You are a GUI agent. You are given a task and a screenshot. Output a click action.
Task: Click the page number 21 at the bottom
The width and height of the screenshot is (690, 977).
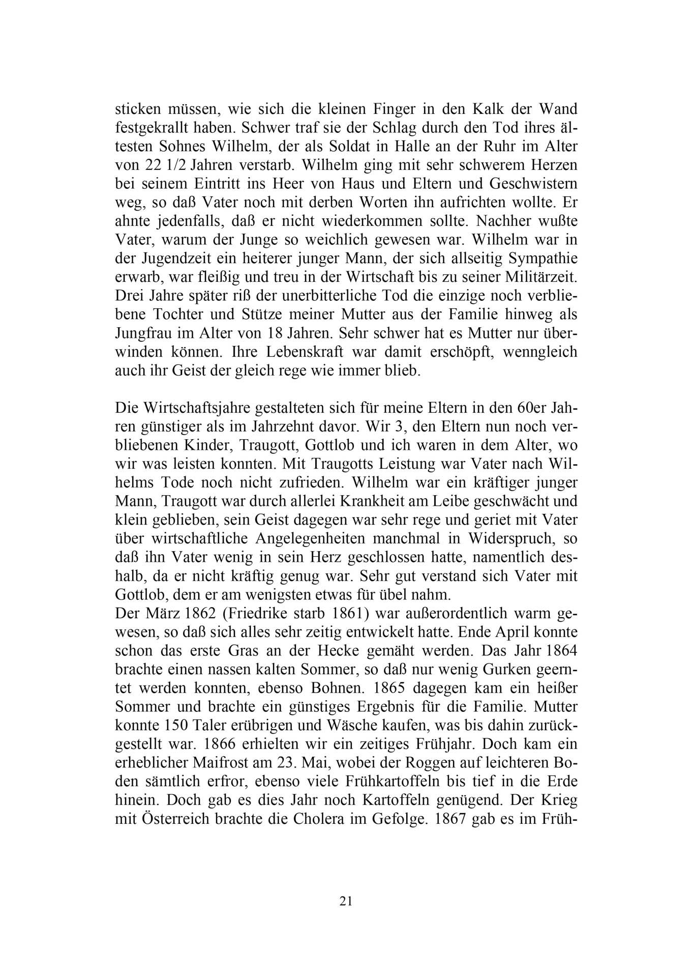[x=345, y=901]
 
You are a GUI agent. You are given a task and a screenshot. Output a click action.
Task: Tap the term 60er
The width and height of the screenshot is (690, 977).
[x=533, y=408]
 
